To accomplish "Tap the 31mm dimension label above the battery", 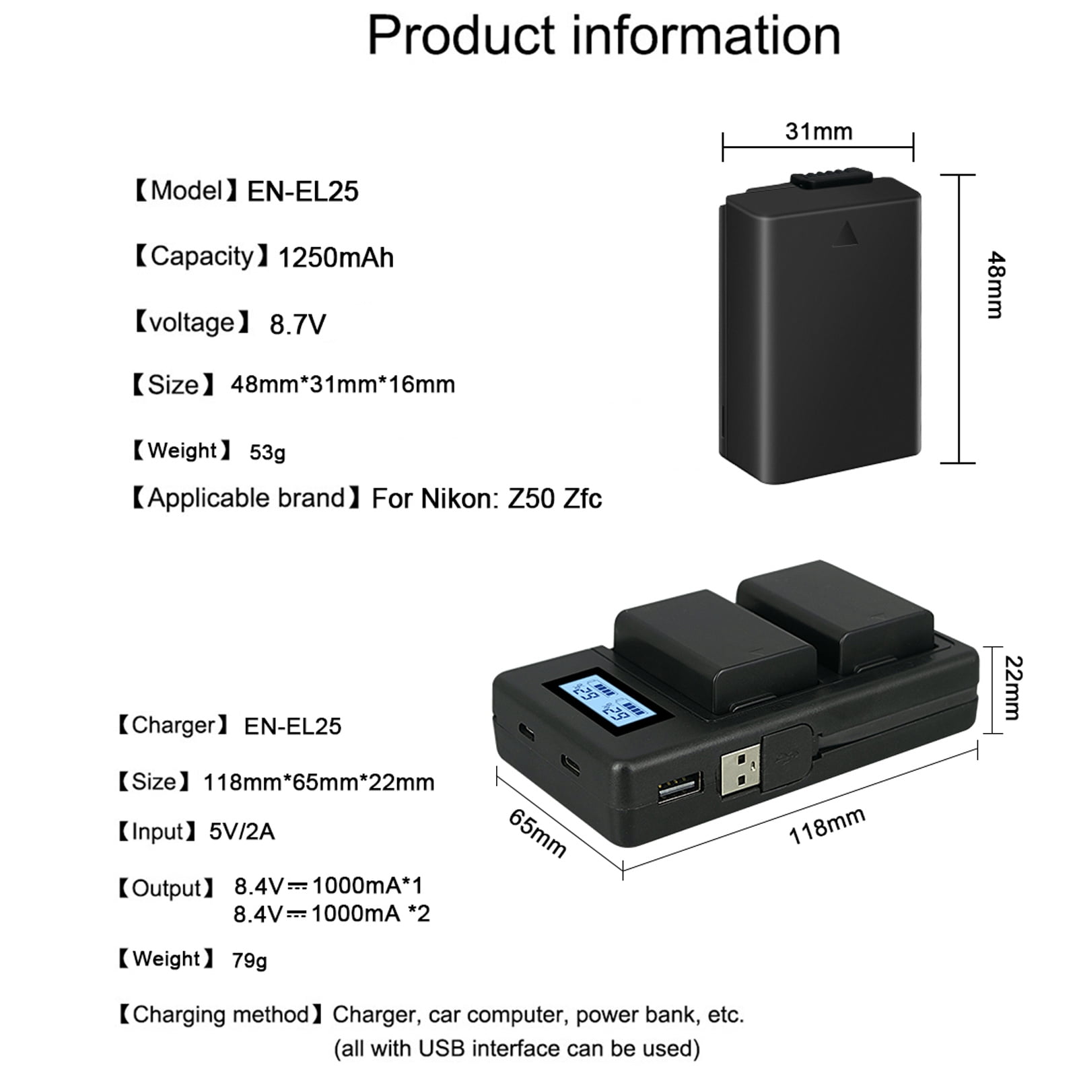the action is pyautogui.click(x=819, y=131).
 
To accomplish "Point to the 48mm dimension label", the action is pyautogui.click(x=996, y=285).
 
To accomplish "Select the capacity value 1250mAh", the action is pyautogui.click(x=336, y=258).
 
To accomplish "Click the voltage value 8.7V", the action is pyautogui.click(x=298, y=324).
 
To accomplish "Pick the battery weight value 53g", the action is pyautogui.click(x=267, y=452).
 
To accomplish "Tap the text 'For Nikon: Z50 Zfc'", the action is pyautogui.click(x=487, y=499).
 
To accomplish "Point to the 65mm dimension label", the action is pyautogui.click(x=537, y=833).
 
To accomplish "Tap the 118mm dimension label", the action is pyautogui.click(x=827, y=826).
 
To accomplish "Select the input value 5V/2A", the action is pyautogui.click(x=242, y=832).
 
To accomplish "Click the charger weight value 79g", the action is pyautogui.click(x=249, y=961).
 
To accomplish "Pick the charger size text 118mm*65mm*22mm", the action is pyautogui.click(x=318, y=782).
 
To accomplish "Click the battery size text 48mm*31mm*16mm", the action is pyautogui.click(x=343, y=385).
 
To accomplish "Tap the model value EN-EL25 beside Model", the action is pyautogui.click(x=303, y=192).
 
